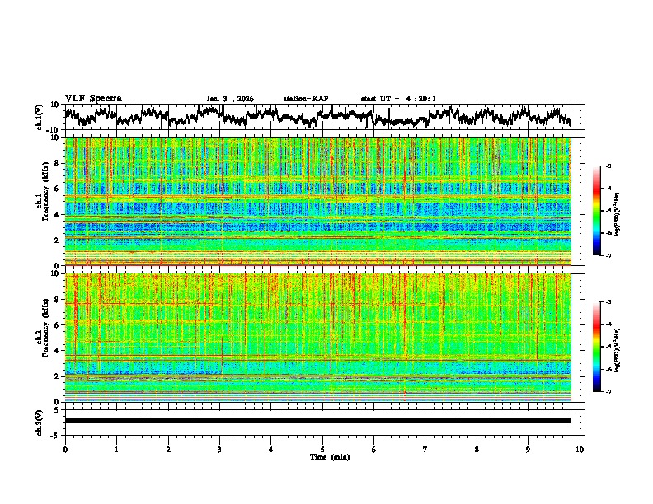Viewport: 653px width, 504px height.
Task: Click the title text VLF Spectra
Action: pyautogui.click(x=93, y=98)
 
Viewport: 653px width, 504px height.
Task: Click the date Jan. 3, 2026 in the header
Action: pyautogui.click(x=230, y=99)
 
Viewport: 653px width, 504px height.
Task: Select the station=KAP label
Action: pyautogui.click(x=306, y=99)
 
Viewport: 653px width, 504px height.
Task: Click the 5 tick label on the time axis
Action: pyautogui.click(x=322, y=449)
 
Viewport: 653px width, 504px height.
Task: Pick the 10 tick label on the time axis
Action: pyautogui.click(x=580, y=449)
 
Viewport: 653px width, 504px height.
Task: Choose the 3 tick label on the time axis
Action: pyautogui.click(x=219, y=449)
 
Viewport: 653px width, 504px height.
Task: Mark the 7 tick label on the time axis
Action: pyautogui.click(x=425, y=449)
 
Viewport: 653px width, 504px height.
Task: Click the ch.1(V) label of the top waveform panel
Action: pyautogui.click(x=40, y=117)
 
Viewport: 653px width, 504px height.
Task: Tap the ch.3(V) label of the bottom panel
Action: pyautogui.click(x=40, y=421)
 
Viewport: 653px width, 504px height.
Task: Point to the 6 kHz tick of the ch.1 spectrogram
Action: pyautogui.click(x=57, y=189)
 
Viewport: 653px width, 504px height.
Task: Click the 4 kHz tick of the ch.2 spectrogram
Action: pyautogui.click(x=57, y=351)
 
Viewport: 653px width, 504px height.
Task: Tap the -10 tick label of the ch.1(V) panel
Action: pyautogui.click(x=53, y=130)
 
